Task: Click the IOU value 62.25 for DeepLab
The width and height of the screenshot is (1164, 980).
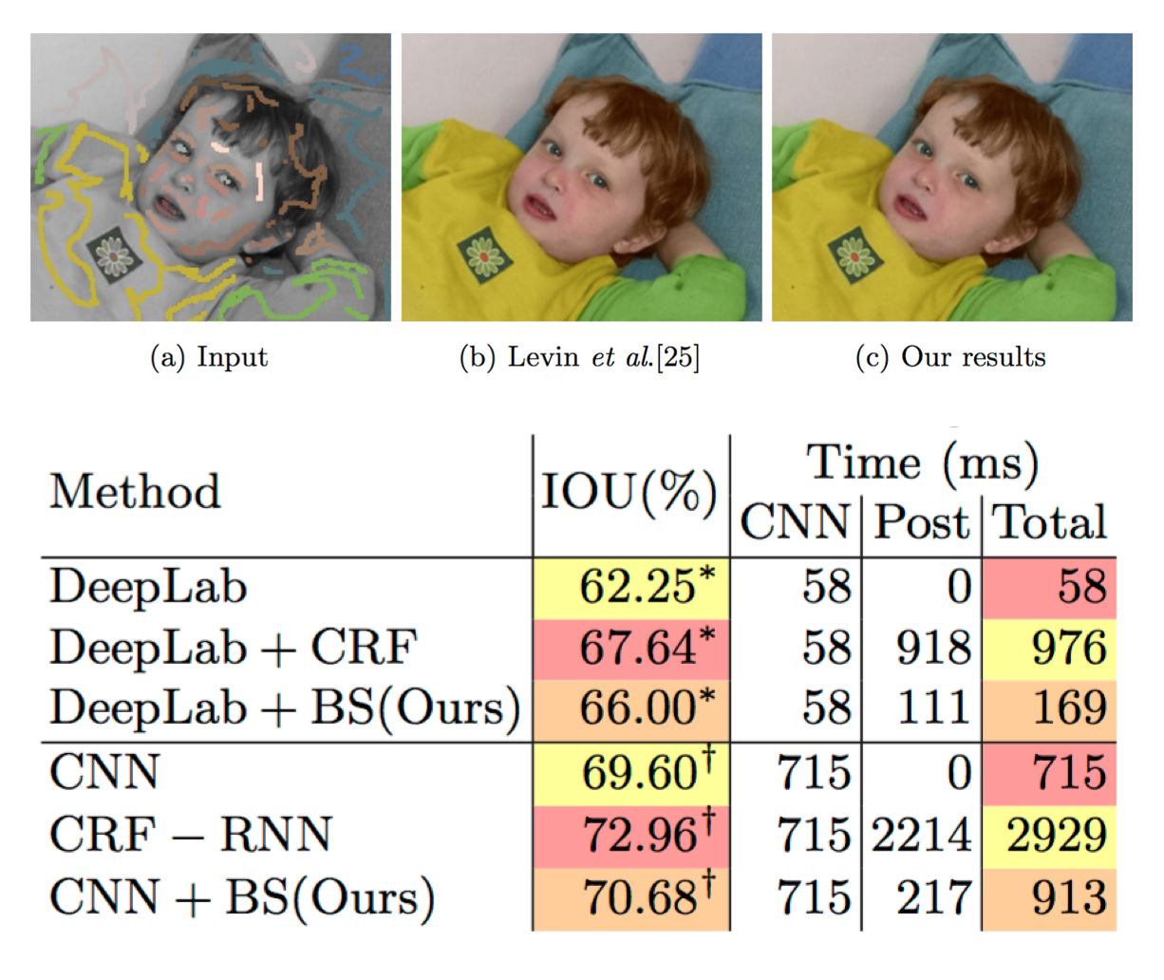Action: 638,587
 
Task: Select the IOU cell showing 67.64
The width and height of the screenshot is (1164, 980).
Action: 638,648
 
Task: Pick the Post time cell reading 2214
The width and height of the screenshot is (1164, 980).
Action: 922,835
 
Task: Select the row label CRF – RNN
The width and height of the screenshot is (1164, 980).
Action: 191,835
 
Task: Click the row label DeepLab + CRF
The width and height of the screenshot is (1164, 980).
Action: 234,648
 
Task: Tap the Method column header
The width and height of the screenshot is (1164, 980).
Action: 136,492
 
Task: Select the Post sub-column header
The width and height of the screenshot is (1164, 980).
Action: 921,522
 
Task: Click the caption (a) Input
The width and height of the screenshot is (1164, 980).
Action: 210,357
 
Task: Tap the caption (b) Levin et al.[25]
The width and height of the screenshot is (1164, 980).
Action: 580,357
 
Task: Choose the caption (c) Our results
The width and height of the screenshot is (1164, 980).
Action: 950,357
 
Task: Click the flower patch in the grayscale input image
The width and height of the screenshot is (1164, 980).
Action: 114,255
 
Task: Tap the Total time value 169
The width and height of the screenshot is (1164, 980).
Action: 1069,708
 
